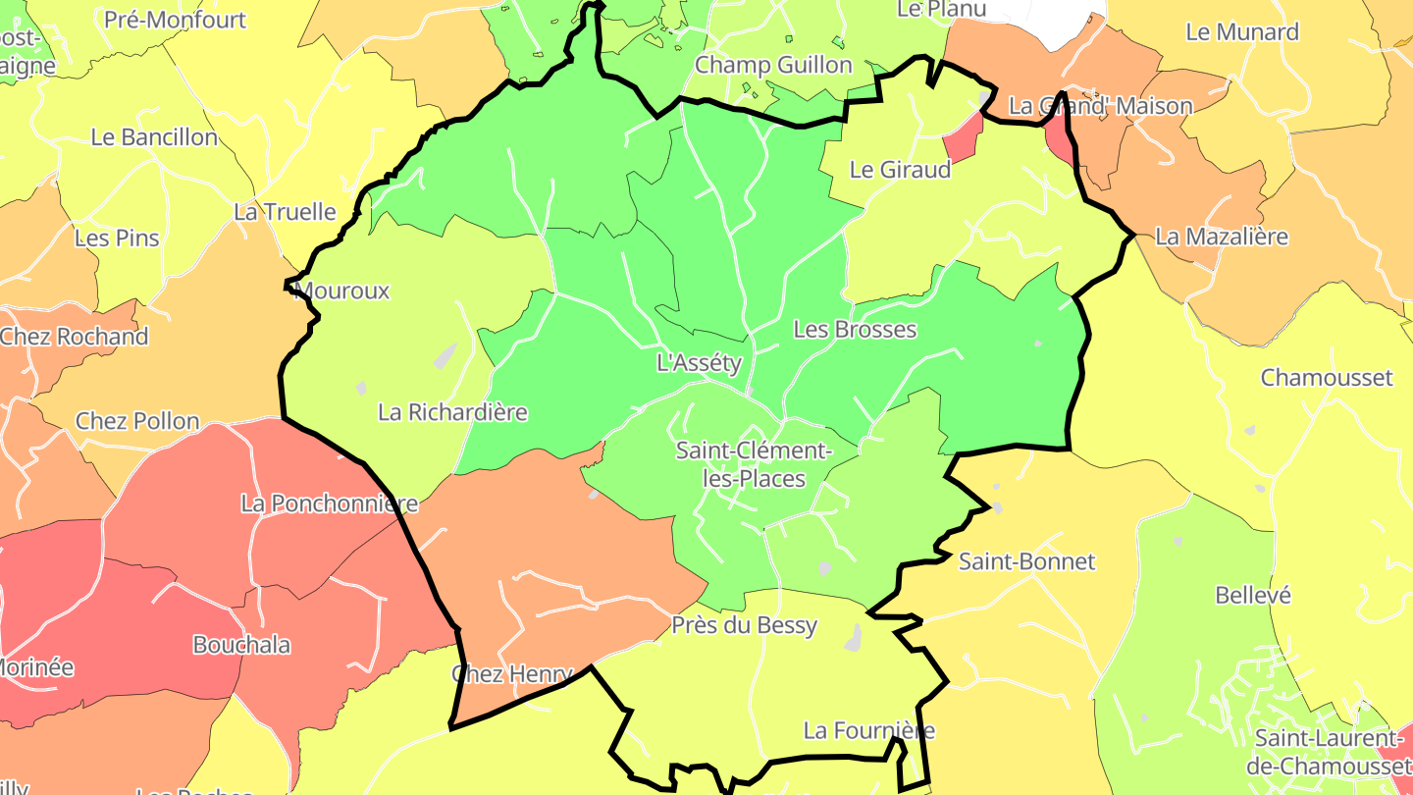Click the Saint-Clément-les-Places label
[754, 465]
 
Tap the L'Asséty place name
[699, 363]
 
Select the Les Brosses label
[855, 330]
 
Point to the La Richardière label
[452, 412]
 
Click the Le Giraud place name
[900, 170]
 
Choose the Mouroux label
[342, 291]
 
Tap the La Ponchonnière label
[330, 503]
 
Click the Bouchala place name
[241, 645]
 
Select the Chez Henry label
[511, 674]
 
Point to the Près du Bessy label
[744, 625]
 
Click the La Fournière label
[868, 730]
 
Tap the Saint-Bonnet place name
[1026, 562]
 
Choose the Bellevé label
[1253, 596]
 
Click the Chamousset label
[1327, 378]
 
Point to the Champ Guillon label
[773, 66]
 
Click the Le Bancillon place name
[154, 137]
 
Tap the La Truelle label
[285, 212]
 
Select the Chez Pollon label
[137, 421]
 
